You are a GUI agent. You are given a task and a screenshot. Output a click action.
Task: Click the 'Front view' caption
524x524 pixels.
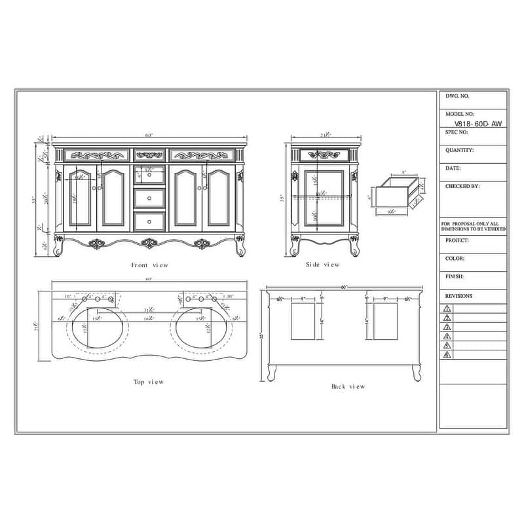click(x=149, y=265)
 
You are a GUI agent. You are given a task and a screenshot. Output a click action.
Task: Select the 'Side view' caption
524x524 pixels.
click(x=323, y=265)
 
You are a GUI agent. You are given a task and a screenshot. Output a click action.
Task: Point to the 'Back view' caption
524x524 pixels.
click(x=348, y=387)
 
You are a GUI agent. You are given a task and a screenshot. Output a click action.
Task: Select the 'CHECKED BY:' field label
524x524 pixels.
click(x=462, y=186)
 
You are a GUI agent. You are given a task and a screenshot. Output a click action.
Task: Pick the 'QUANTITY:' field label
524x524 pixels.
click(x=459, y=150)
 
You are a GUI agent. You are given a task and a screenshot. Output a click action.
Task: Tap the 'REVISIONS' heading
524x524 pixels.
click(x=458, y=296)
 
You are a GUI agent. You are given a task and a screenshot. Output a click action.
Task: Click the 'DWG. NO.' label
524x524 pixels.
click(x=458, y=96)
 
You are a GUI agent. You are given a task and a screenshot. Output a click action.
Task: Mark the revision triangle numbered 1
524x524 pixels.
click(x=447, y=308)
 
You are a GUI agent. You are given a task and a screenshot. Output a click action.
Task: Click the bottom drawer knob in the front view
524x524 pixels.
click(x=149, y=221)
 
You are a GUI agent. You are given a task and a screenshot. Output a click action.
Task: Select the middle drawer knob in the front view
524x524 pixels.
click(x=149, y=198)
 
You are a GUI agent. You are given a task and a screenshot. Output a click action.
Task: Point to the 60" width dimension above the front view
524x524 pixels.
click(x=149, y=135)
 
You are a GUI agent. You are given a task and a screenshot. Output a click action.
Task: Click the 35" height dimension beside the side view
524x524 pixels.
click(x=282, y=197)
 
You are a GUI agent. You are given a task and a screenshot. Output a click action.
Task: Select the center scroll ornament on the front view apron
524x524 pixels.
click(x=150, y=244)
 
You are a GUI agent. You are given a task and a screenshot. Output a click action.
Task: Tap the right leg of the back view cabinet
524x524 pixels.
click(x=416, y=373)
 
